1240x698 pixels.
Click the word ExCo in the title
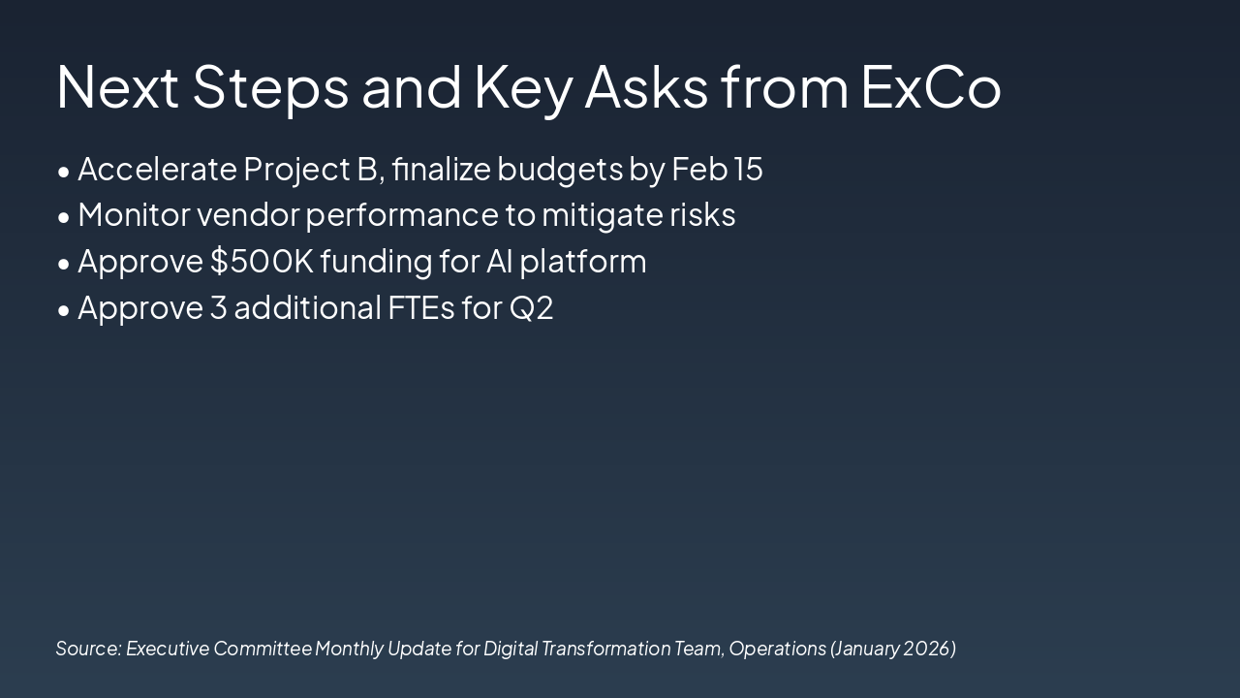coord(931,87)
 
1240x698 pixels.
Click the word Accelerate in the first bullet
coord(158,169)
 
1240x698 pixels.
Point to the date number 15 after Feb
coord(748,169)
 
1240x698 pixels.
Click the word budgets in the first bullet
coord(560,170)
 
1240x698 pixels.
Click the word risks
coord(702,214)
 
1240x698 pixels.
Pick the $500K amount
coord(263,261)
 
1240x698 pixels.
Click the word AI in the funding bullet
coord(499,261)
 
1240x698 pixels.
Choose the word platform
coord(583,262)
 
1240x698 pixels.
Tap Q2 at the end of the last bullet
coord(532,308)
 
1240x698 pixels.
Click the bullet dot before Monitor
coord(64,218)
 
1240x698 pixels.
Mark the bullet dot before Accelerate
coord(64,172)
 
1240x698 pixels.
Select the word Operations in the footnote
coord(777,650)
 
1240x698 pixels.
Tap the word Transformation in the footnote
coord(605,649)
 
